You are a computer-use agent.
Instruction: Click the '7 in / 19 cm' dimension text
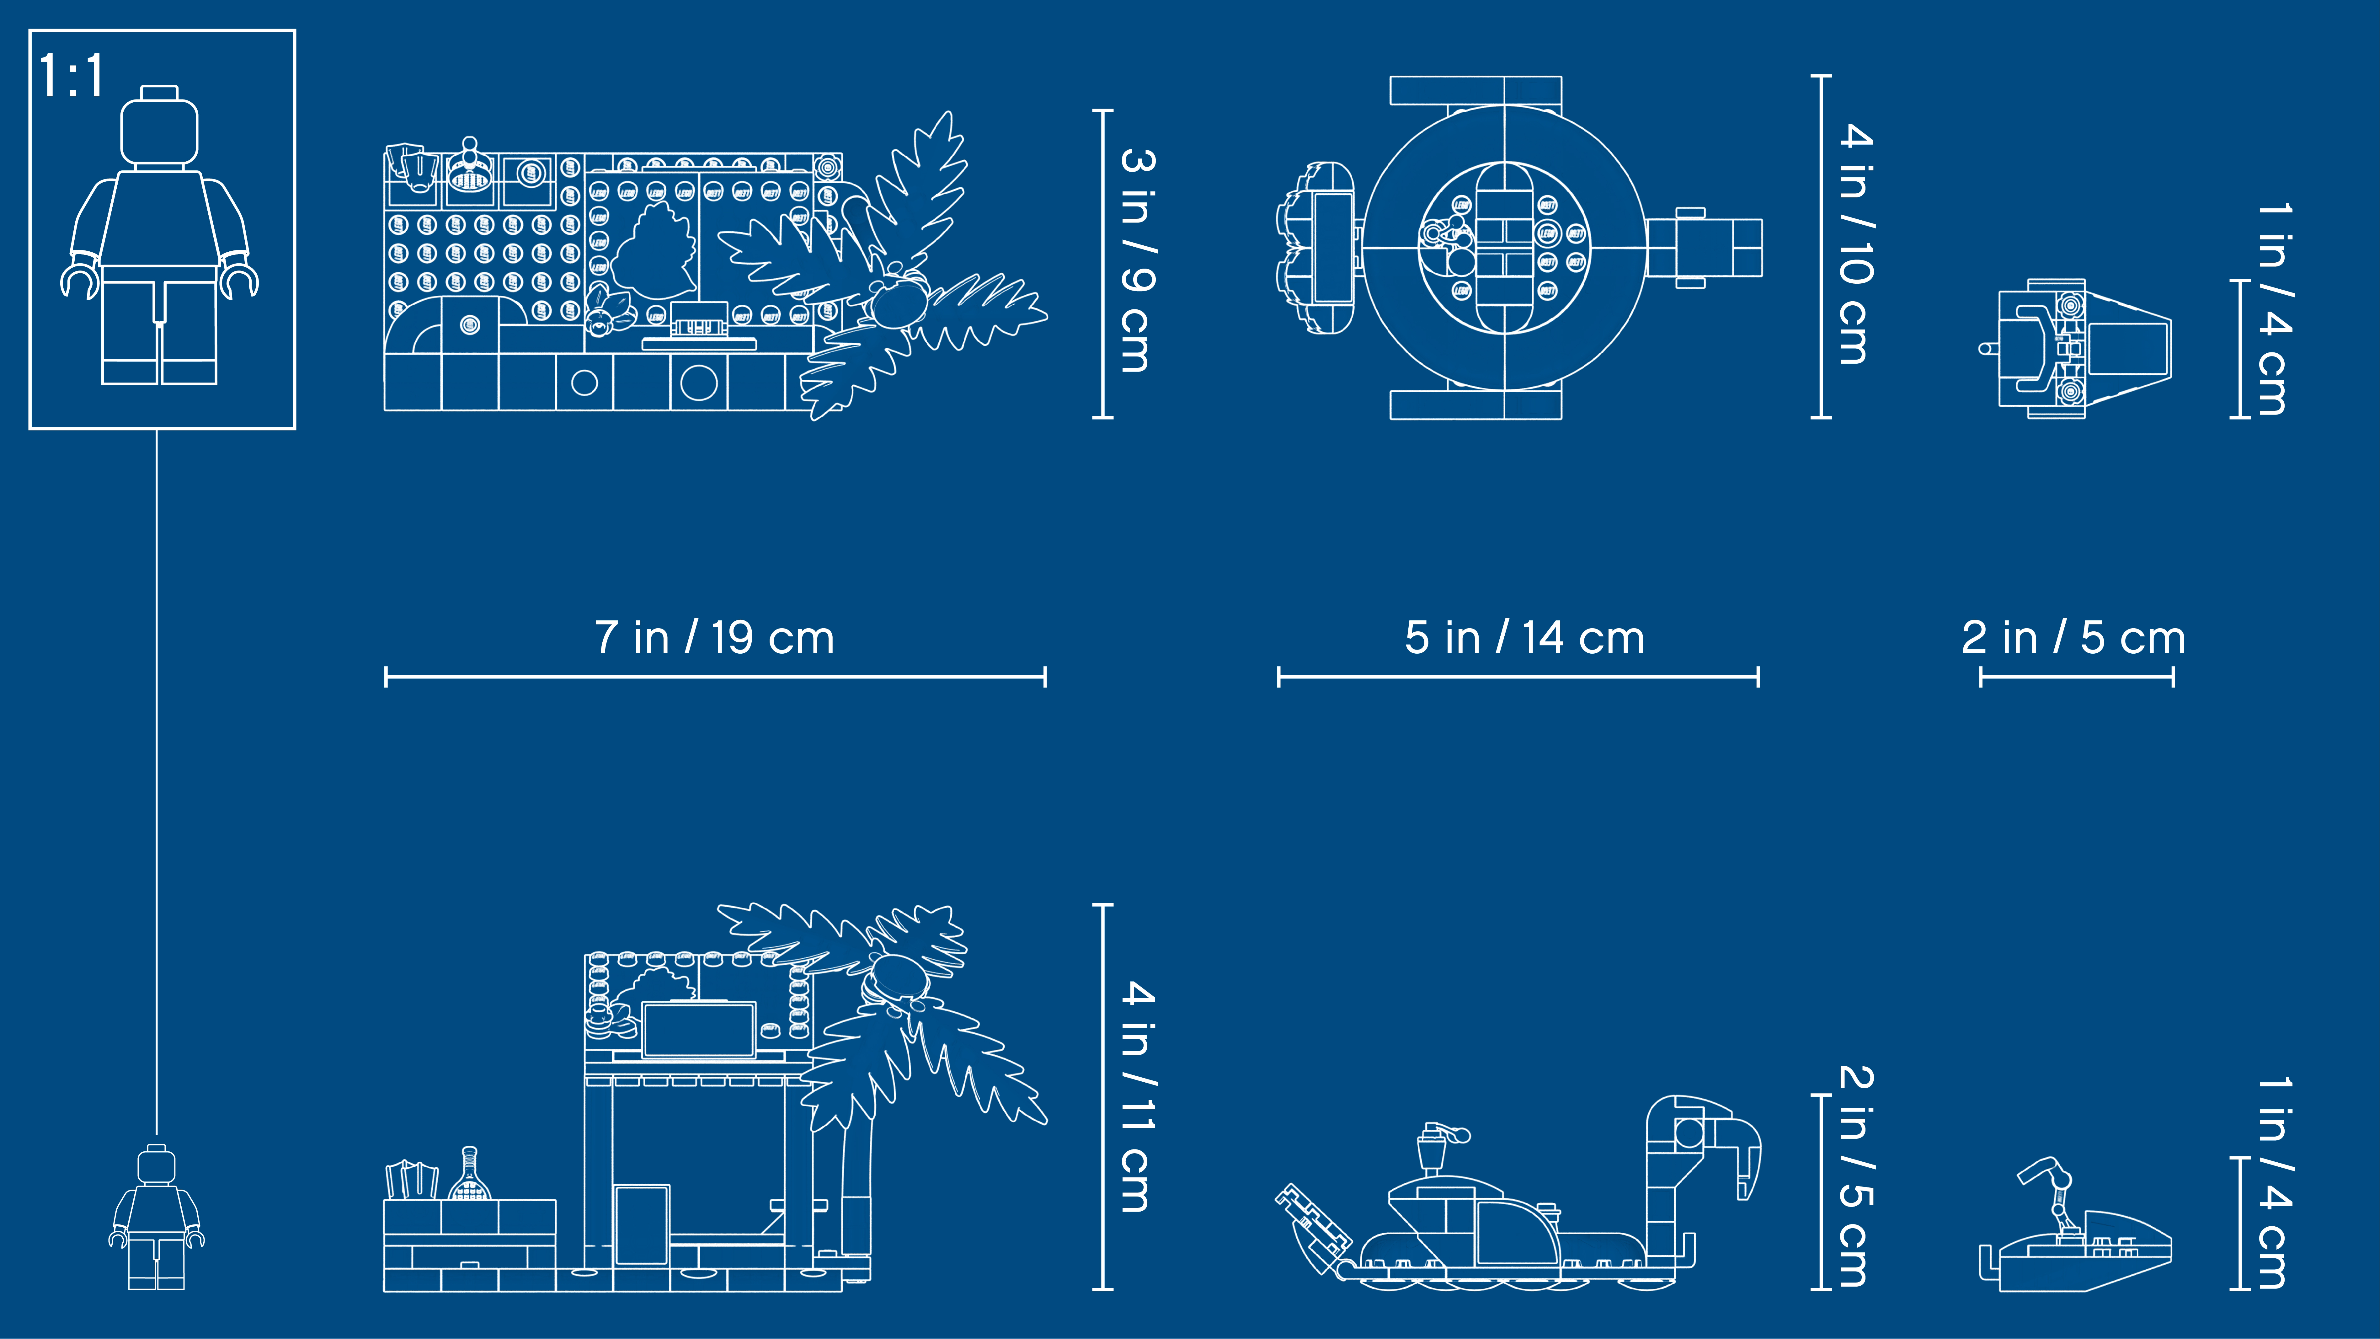[714, 638]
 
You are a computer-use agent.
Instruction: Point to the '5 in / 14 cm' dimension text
[1524, 638]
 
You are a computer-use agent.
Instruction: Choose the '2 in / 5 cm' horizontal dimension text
[2073, 638]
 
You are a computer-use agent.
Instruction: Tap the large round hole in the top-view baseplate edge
[698, 383]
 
